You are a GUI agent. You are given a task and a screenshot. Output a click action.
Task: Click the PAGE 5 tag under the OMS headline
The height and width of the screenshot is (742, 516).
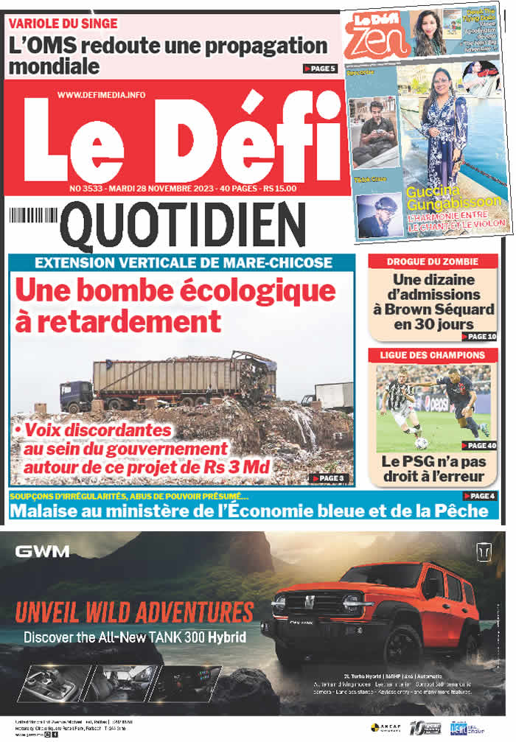(x=320, y=69)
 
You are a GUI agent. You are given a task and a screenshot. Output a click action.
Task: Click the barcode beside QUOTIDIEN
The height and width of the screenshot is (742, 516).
(x=33, y=216)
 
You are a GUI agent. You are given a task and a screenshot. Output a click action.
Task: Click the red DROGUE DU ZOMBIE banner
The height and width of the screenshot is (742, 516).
(x=433, y=261)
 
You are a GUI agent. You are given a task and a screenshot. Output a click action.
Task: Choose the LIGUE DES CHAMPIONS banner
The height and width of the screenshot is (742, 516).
(x=433, y=355)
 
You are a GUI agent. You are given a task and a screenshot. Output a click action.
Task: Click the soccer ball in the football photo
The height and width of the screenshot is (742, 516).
(x=421, y=443)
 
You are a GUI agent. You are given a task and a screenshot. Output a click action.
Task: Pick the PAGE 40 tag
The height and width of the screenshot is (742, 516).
(x=479, y=445)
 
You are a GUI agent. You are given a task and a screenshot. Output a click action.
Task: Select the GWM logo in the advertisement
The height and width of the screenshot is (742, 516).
(x=43, y=551)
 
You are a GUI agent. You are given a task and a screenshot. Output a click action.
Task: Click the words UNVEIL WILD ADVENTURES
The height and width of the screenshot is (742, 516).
(x=134, y=612)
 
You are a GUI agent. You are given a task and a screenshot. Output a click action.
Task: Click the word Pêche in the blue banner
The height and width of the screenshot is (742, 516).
(x=462, y=511)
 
